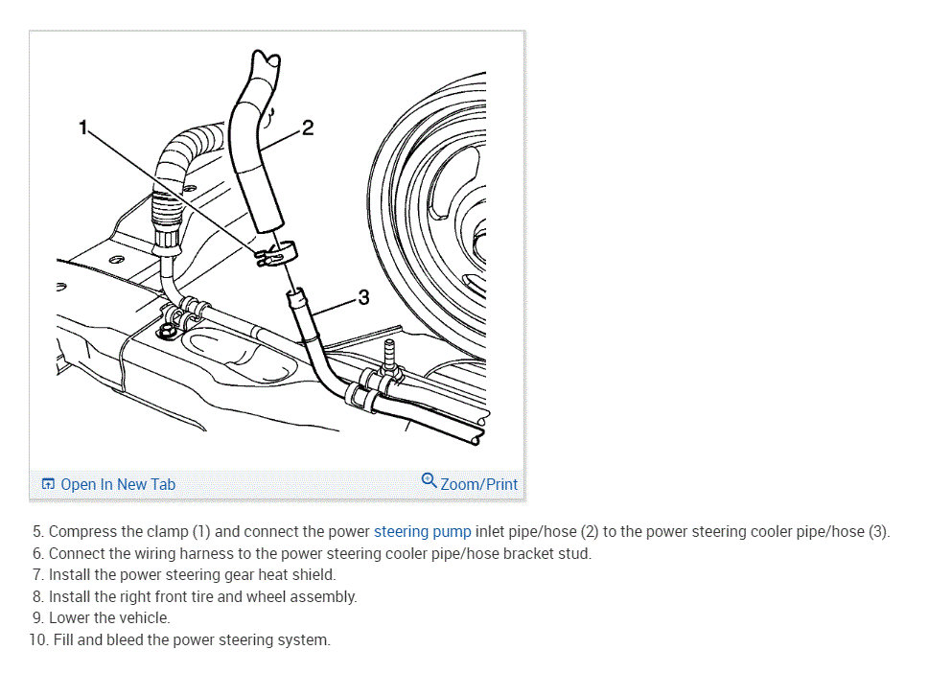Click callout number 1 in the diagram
[x=84, y=127]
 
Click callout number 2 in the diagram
[x=307, y=128]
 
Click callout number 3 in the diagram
[x=362, y=297]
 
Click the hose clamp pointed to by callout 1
[x=275, y=254]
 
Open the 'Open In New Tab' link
[x=117, y=484]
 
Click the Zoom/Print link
[x=478, y=484]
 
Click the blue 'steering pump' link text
[x=422, y=531]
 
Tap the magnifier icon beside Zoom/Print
[x=429, y=480]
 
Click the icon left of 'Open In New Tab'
[x=48, y=484]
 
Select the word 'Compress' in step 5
[x=82, y=531]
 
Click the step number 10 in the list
[x=37, y=640]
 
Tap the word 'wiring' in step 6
[x=162, y=553]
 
